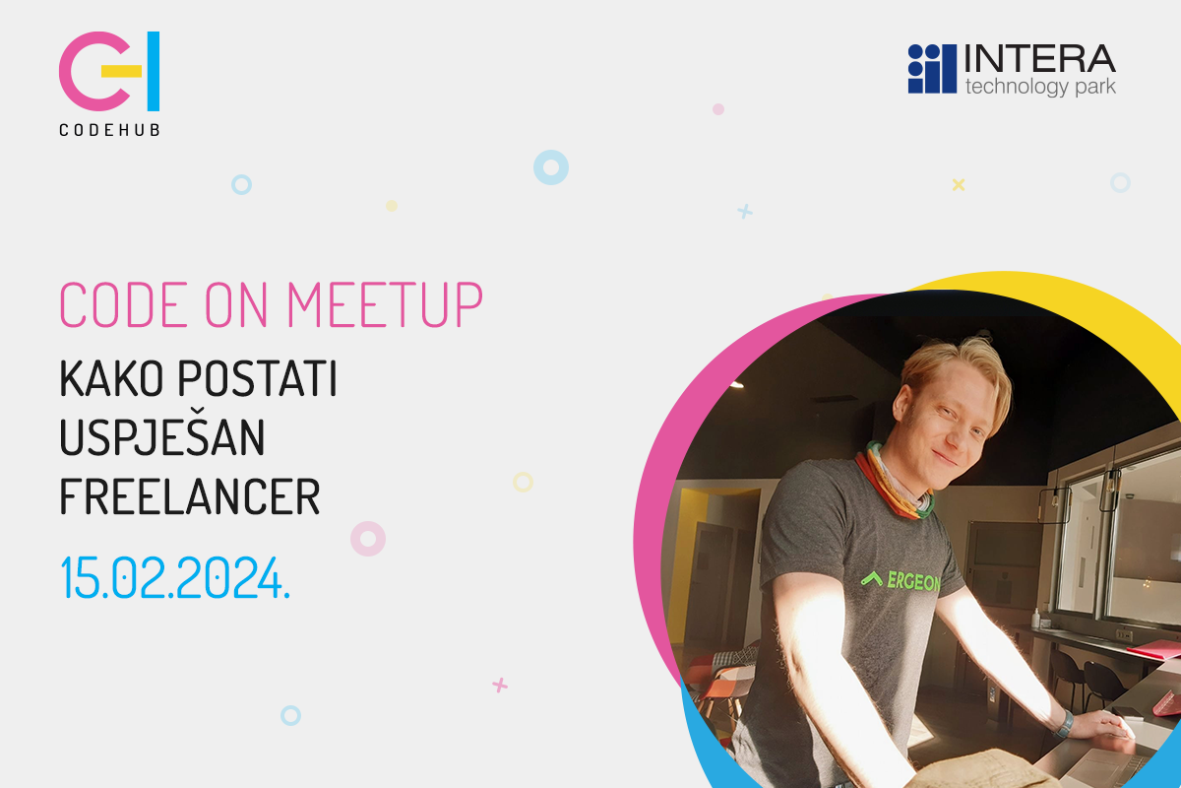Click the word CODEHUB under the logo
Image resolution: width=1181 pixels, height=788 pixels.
point(109,130)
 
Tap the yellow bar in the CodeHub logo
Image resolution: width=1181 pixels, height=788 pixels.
point(121,71)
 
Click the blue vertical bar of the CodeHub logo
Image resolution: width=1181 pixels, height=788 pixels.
point(154,71)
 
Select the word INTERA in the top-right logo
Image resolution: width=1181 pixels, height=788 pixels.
point(1039,58)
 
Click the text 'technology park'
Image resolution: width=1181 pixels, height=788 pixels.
point(1040,87)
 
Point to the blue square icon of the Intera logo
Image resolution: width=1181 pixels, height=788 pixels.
point(932,69)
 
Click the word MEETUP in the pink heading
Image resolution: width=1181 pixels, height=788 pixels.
point(385,304)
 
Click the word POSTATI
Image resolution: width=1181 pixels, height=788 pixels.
point(257,378)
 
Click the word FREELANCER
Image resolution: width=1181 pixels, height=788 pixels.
point(190,496)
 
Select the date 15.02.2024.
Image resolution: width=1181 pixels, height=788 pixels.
point(175,577)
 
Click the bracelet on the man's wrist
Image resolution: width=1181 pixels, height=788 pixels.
point(1065,723)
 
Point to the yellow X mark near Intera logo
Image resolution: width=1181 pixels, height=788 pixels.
point(959,185)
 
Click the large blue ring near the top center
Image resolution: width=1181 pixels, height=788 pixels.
point(551,167)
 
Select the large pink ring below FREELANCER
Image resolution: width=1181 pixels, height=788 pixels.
point(368,539)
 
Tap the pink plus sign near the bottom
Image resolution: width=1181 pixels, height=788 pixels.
point(500,686)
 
